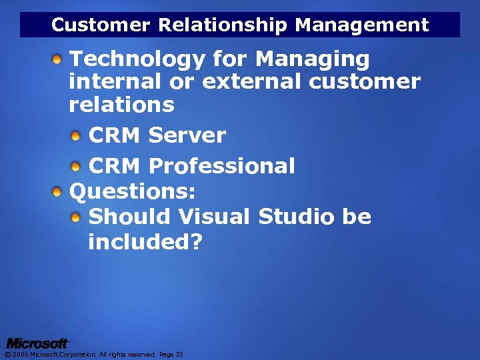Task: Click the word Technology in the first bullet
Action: (x=137, y=60)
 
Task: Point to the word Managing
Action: (x=313, y=60)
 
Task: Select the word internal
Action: (x=115, y=82)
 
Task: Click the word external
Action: (x=252, y=82)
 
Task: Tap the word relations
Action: (x=121, y=105)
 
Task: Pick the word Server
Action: (x=187, y=135)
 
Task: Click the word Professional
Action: (x=222, y=166)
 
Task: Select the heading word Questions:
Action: (x=133, y=192)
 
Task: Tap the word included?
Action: (x=145, y=242)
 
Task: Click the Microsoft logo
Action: (x=37, y=343)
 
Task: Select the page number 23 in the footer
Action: (x=179, y=355)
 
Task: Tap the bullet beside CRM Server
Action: (x=77, y=136)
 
